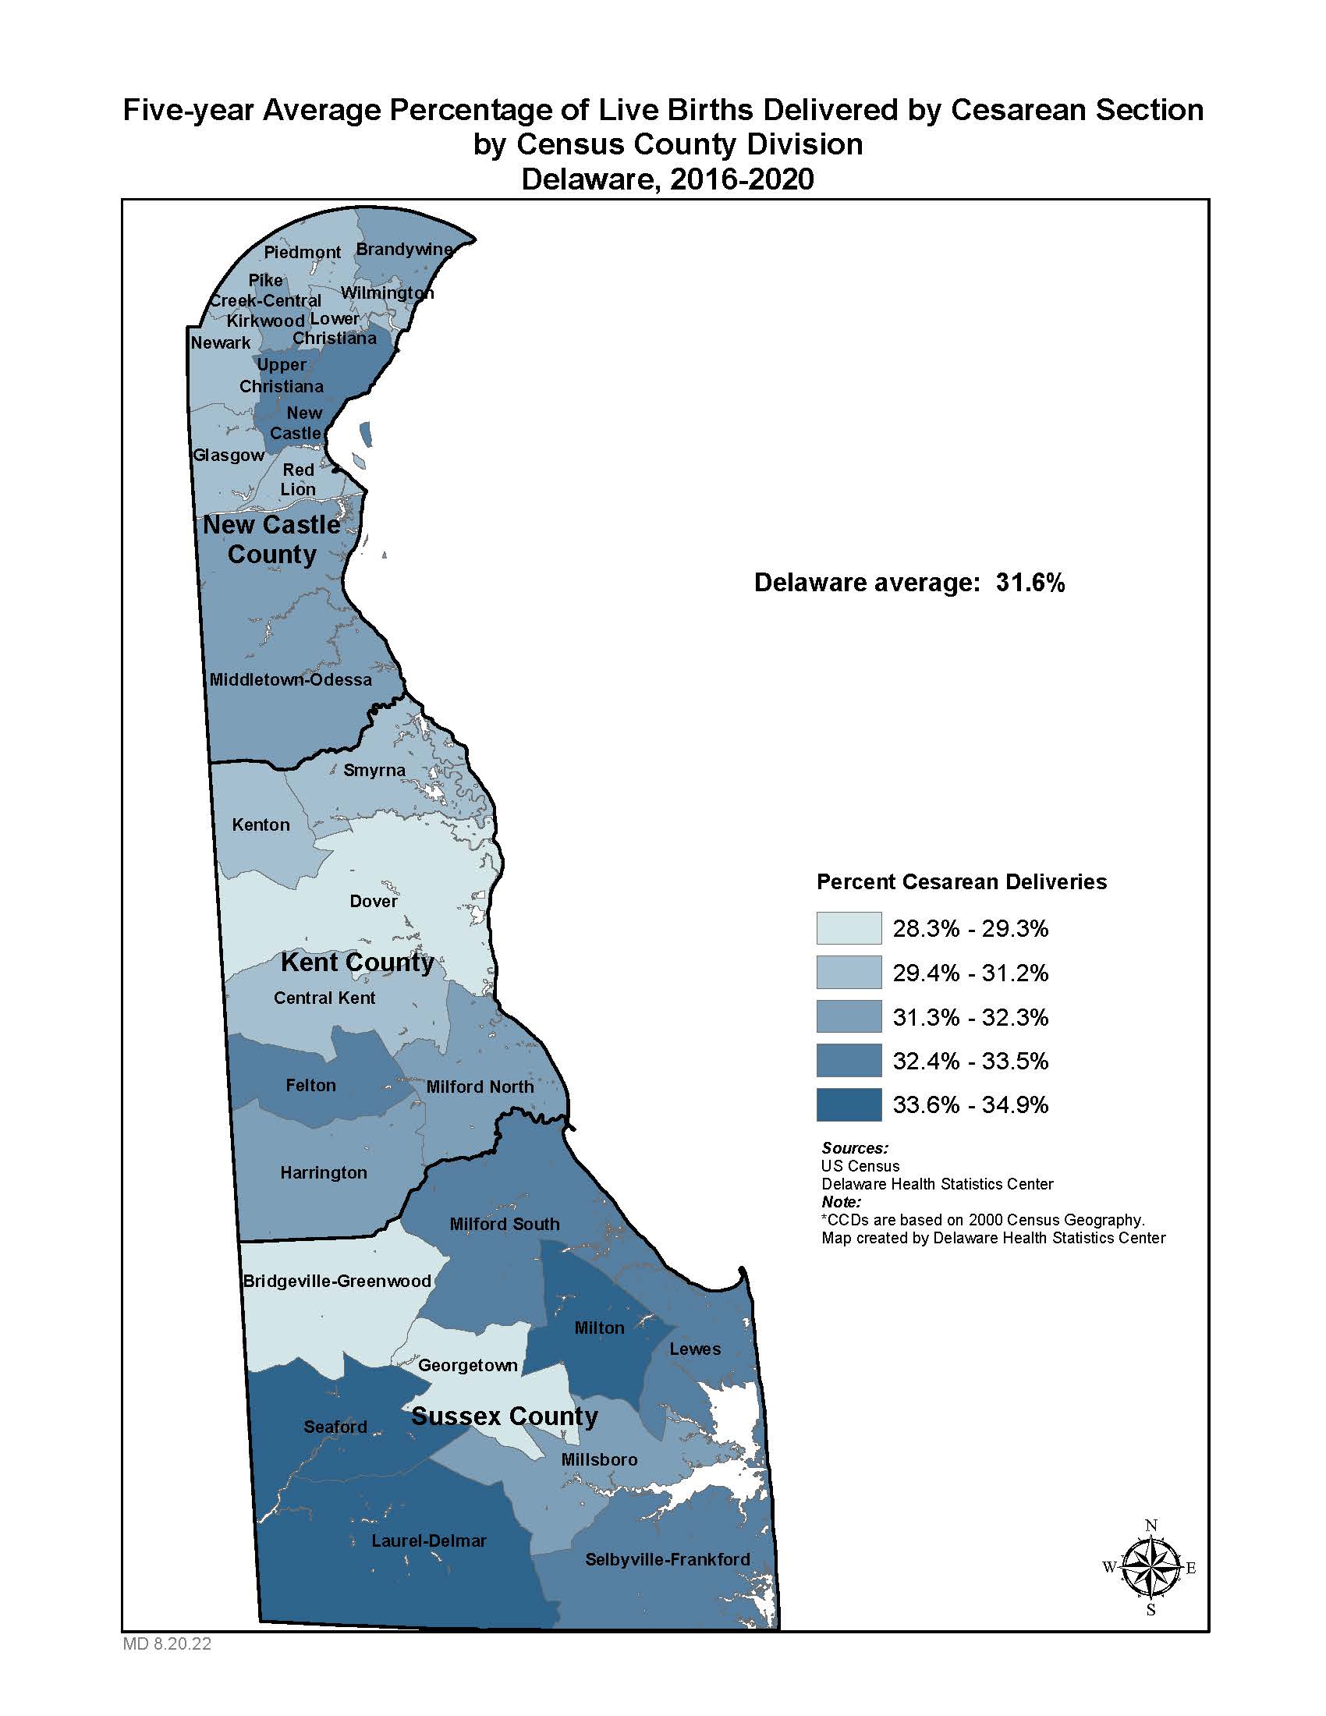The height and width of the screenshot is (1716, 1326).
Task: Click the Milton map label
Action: (x=598, y=1328)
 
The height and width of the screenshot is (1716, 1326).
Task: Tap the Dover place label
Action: (x=373, y=901)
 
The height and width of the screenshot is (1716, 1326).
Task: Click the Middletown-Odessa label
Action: (x=290, y=679)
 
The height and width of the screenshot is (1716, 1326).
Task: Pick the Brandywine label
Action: (x=404, y=249)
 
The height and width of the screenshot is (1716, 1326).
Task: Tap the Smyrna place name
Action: (x=374, y=770)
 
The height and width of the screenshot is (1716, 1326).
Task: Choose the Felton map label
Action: (x=310, y=1085)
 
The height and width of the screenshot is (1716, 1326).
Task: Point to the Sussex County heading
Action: (x=505, y=1416)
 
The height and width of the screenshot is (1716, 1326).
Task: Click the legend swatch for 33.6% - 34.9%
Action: (x=849, y=1104)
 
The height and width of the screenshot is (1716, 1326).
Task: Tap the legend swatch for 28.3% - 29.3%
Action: (x=849, y=928)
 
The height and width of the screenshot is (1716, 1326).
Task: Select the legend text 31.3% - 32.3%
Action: (x=970, y=1017)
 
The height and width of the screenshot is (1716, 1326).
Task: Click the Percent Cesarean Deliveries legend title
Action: (x=962, y=881)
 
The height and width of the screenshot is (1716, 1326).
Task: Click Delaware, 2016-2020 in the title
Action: (x=667, y=179)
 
